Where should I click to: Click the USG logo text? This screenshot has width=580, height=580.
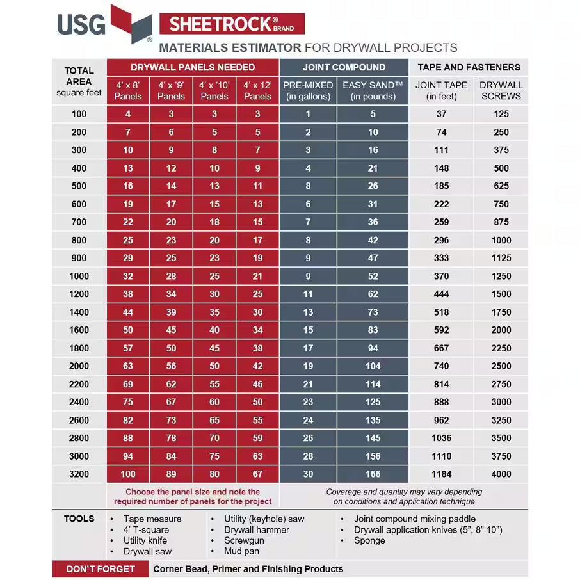[x=81, y=25]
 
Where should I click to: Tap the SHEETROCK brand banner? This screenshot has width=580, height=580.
[x=231, y=24]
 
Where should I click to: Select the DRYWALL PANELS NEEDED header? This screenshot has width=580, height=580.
[x=193, y=67]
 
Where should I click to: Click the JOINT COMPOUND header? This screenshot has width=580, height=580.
[x=344, y=67]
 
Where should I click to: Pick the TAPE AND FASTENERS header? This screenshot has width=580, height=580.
[x=469, y=67]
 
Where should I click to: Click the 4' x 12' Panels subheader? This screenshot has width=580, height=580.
[x=257, y=90]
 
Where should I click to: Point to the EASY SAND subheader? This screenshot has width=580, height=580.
[x=373, y=90]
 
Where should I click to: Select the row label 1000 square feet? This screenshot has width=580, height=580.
[x=79, y=276]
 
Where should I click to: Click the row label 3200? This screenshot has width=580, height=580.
[x=79, y=474]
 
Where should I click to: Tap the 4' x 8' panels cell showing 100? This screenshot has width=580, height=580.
[x=128, y=474]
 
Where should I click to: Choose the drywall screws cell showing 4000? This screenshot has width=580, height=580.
[x=501, y=474]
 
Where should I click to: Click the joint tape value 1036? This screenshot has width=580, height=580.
[x=441, y=439]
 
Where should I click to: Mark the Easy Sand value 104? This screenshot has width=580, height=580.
[x=373, y=366]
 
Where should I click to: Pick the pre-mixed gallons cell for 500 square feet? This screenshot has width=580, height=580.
[x=308, y=186]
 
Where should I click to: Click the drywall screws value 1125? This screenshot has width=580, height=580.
[x=501, y=258]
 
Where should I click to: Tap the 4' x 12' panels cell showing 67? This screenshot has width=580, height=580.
[x=257, y=474]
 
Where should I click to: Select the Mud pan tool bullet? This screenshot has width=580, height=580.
[x=241, y=551]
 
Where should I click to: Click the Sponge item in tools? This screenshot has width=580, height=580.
[x=369, y=540]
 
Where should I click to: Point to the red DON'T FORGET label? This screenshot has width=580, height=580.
[x=101, y=569]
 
